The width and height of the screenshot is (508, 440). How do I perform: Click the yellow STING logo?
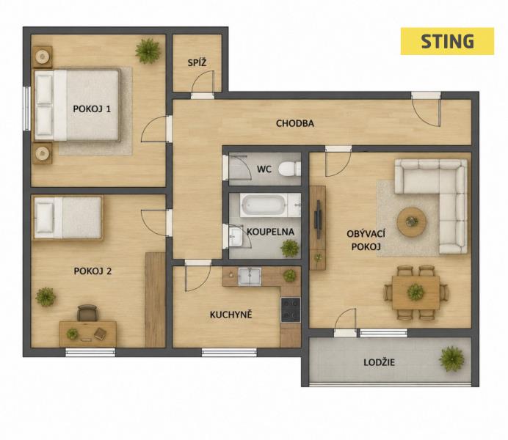tap(447, 41)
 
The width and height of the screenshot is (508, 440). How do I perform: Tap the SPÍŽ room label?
tap(197, 62)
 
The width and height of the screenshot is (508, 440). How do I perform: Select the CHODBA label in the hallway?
tap(295, 123)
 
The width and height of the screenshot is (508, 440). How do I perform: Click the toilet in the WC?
tap(289, 169)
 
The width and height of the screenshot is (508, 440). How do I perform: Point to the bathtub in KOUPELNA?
tap(264, 205)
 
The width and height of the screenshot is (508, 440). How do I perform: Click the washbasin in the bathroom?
tap(236, 236)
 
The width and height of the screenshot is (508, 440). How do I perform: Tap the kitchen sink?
tap(250, 276)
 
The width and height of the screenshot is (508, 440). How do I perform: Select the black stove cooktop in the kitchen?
tap(291, 310)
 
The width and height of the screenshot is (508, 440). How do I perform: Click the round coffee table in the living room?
tap(412, 222)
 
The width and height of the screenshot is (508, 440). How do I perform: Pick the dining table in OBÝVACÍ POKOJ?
tap(416, 293)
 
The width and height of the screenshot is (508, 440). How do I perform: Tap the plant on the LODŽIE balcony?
tap(451, 359)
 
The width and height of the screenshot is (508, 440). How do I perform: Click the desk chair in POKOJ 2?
tap(87, 313)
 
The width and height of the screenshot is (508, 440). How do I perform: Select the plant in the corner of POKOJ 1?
tap(148, 51)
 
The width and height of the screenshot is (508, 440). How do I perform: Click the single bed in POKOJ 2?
tap(68, 218)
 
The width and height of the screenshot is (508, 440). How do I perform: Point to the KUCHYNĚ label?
tap(231, 315)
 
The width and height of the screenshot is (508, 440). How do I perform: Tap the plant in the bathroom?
tap(290, 248)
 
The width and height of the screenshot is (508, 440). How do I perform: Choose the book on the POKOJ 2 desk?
tap(100, 334)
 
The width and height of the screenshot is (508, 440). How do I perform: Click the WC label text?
tap(264, 169)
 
